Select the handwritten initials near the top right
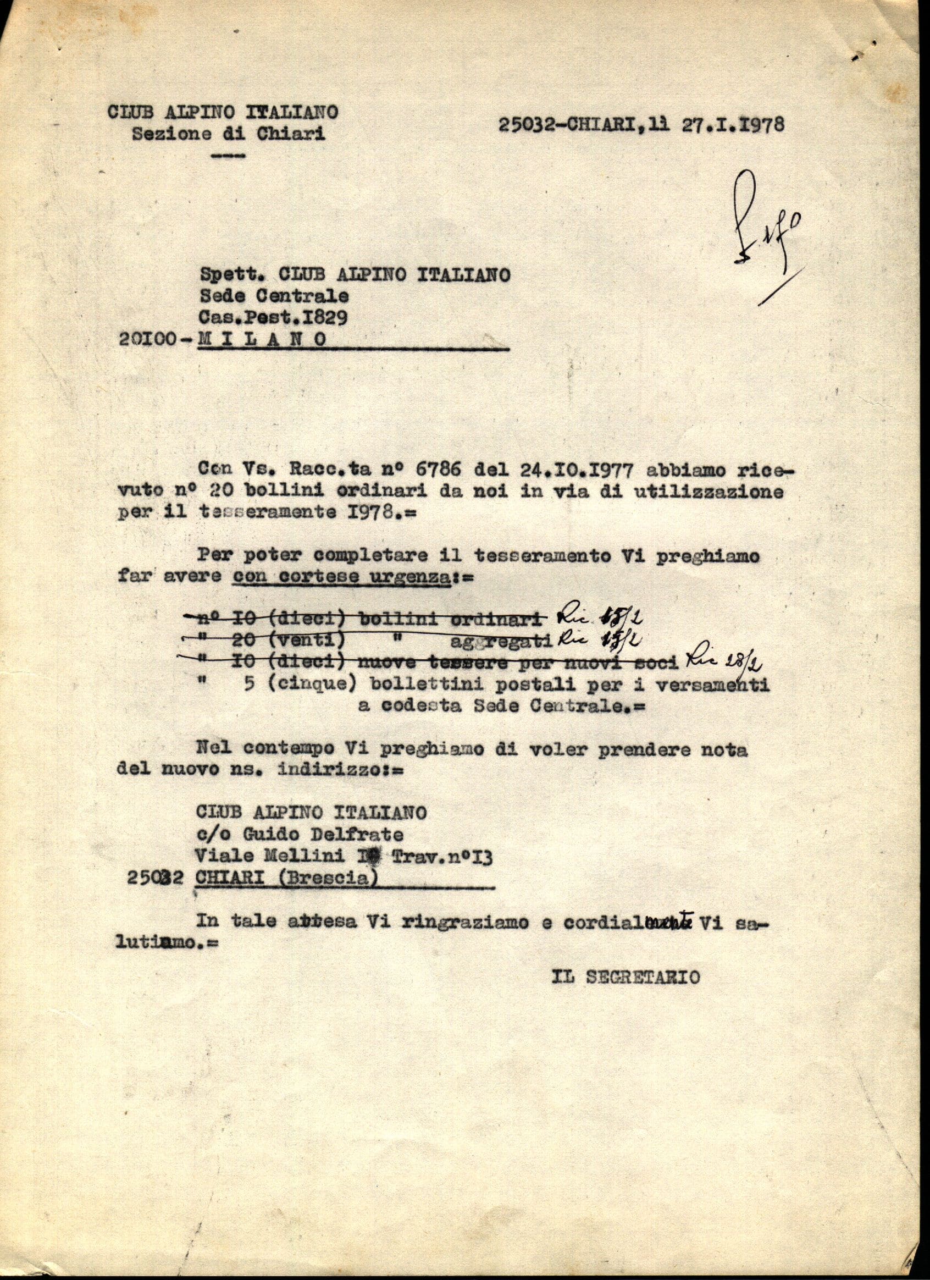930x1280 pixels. click(765, 226)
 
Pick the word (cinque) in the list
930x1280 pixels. click(309, 685)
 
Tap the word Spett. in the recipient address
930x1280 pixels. click(232, 275)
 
